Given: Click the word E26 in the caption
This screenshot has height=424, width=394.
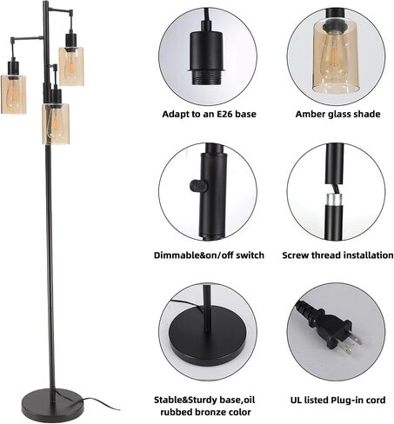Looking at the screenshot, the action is click(x=225, y=114).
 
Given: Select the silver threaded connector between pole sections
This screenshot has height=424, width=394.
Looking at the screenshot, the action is click(x=334, y=198).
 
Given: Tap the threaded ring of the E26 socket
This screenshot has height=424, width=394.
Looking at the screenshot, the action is click(x=206, y=77).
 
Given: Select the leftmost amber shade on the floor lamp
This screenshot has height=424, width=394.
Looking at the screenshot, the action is click(x=13, y=94).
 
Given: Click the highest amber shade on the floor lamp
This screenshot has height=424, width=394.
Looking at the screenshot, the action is click(x=71, y=66).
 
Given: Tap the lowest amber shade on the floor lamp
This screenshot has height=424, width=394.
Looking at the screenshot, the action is click(x=56, y=123).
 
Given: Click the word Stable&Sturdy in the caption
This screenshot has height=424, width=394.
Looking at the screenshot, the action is click(x=186, y=401).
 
